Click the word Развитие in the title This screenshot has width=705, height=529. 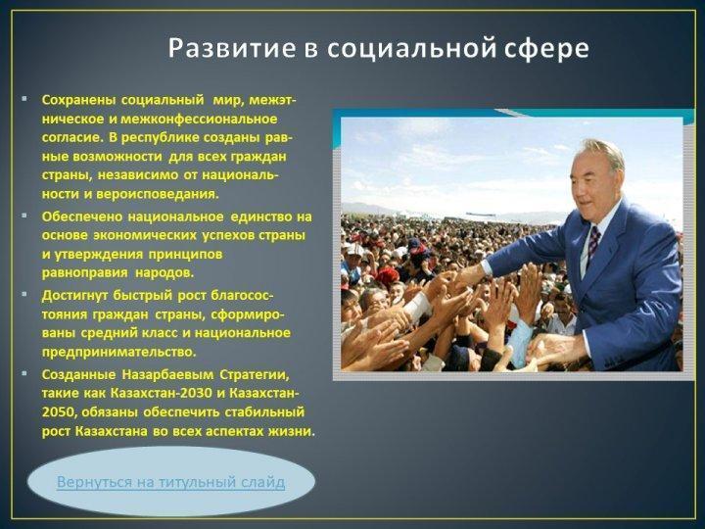232,48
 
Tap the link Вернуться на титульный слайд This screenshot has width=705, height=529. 170,482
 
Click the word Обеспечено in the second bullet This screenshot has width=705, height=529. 81,216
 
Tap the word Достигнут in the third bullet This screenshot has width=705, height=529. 75,296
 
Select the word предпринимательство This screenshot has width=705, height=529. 118,352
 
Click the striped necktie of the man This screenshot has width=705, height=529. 593,246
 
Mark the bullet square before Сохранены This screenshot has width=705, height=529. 23,98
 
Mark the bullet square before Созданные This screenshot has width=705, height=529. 23,373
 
